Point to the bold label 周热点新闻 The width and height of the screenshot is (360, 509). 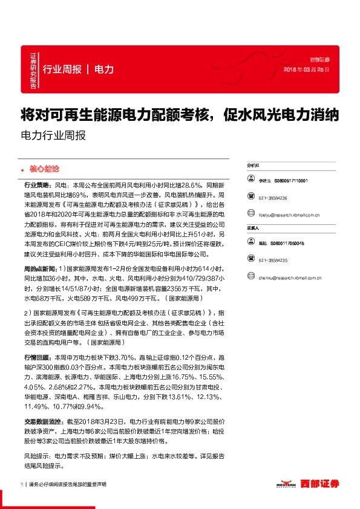point(41,267)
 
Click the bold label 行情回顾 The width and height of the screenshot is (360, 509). point(38,358)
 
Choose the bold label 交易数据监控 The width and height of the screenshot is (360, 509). point(43,420)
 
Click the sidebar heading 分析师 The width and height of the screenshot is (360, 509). point(252,164)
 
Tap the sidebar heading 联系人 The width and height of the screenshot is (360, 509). point(252,229)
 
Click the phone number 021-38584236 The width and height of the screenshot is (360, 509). point(272,198)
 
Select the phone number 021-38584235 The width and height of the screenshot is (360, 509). point(272,261)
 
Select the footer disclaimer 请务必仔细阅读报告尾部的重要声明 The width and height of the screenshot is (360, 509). point(67,485)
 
